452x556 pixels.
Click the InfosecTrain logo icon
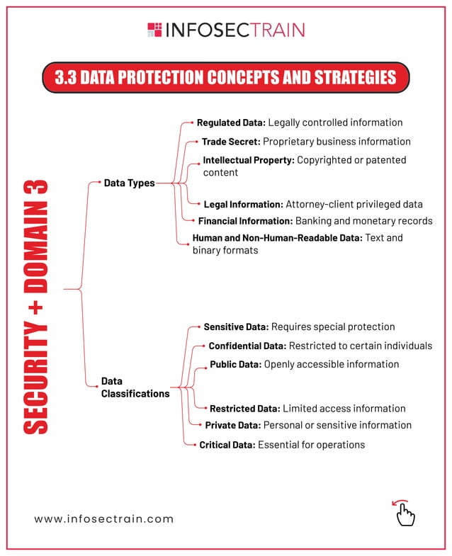point(154,30)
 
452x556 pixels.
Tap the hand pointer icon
point(405,513)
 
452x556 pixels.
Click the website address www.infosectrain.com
point(104,518)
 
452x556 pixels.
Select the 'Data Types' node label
point(129,183)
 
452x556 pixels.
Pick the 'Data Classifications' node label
point(135,387)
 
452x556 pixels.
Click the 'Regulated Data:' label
point(231,123)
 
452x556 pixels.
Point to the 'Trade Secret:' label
point(230,142)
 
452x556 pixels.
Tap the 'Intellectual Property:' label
point(248,160)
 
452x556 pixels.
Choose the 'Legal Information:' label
point(243,205)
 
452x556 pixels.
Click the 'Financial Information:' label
point(245,221)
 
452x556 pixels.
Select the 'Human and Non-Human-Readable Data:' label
point(277,238)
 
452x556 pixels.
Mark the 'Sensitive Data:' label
point(236,327)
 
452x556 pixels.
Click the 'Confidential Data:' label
point(247,346)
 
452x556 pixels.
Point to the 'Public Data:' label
point(235,365)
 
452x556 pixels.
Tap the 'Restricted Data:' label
point(244,409)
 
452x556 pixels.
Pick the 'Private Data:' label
point(232,426)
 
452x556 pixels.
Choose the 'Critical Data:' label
point(227,445)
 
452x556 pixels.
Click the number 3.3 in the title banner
point(66,77)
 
